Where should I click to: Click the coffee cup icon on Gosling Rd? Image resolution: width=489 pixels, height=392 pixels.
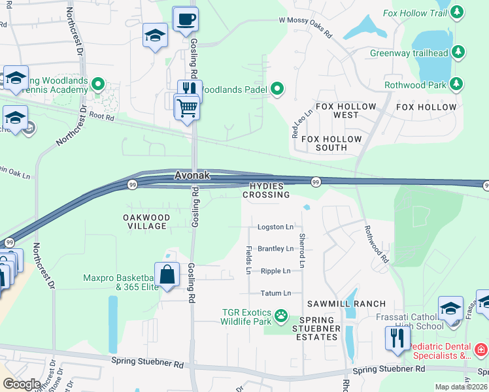click(x=185, y=20)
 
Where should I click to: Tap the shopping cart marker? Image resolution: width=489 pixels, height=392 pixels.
click(x=187, y=106)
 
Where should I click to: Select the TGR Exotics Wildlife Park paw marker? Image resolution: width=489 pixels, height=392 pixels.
click(x=281, y=316)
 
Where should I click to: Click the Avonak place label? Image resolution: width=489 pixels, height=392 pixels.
click(x=193, y=176)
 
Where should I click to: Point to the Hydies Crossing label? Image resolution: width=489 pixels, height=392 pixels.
click(x=266, y=191)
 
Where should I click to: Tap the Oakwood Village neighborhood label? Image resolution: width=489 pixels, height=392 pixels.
click(x=147, y=221)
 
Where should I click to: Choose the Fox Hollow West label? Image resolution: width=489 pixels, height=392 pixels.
click(x=346, y=110)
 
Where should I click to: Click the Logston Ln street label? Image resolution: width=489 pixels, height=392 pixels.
click(x=275, y=227)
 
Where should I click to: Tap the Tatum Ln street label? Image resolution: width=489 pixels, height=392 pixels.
click(x=275, y=293)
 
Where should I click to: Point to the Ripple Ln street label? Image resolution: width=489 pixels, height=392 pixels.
click(x=275, y=270)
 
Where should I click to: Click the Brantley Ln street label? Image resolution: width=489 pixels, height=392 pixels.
click(x=275, y=249)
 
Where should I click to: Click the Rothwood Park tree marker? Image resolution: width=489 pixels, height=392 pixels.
click(x=456, y=84)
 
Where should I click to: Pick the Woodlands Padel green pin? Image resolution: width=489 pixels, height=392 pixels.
click(x=277, y=89)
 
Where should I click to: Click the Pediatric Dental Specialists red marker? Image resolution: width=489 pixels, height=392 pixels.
click(x=481, y=350)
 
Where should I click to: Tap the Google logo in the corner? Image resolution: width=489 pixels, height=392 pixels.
click(x=22, y=384)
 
